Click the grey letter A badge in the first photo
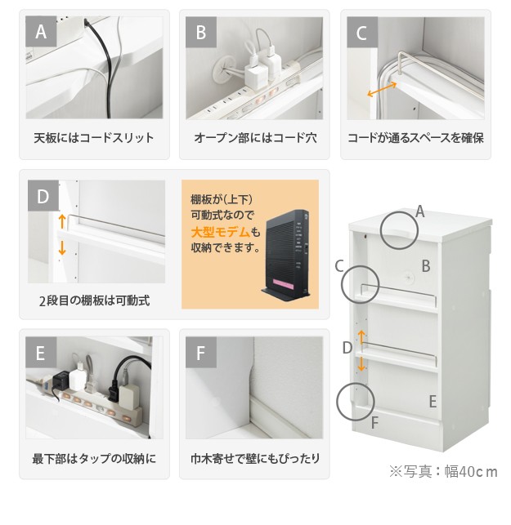point(41,32)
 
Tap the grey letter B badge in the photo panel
point(201,32)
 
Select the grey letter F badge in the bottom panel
point(201,353)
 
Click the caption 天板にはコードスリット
point(94,138)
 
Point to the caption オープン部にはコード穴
point(255,138)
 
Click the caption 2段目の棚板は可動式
point(95,300)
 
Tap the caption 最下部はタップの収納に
point(94,458)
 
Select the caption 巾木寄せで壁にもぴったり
point(255,458)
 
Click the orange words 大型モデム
point(221,232)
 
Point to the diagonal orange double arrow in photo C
point(383,89)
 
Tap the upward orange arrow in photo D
point(62,221)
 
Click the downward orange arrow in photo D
point(62,247)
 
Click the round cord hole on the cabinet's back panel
point(409,278)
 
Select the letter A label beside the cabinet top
point(420,211)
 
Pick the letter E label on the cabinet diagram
point(433,401)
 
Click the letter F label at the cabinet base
point(374,423)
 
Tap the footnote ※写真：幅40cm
point(443,471)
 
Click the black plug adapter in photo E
point(61,380)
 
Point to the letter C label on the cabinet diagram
point(339,266)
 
